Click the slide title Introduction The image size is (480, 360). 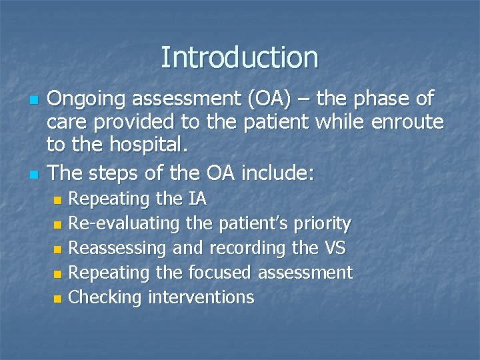click(239, 57)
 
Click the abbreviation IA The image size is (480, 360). click(197, 199)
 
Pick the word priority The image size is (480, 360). click(323, 223)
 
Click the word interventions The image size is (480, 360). click(201, 297)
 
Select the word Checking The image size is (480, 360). click(105, 297)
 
